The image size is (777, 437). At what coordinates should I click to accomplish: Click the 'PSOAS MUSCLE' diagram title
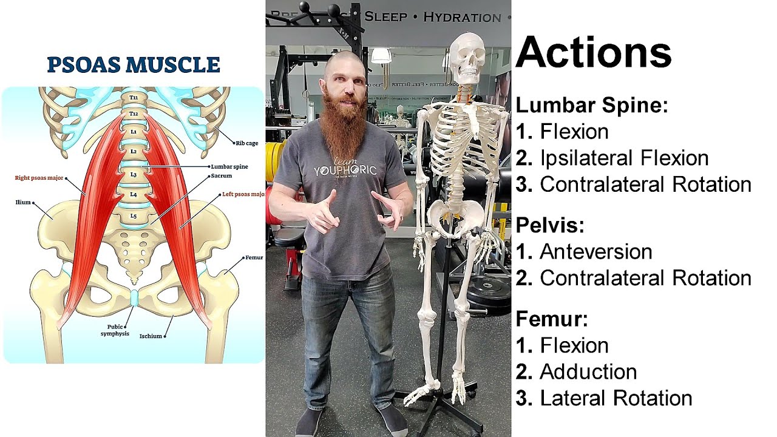click(x=133, y=64)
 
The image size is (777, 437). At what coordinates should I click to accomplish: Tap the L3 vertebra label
click(x=134, y=174)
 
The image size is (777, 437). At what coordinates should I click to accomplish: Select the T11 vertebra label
click(x=134, y=97)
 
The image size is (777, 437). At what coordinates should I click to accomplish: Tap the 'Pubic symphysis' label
click(x=115, y=330)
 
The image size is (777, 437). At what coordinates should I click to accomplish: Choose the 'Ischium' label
click(x=151, y=336)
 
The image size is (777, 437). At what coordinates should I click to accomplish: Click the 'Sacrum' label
click(x=222, y=176)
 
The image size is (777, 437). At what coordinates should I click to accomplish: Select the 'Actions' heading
click(x=593, y=52)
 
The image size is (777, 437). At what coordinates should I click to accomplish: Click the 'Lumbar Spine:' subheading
click(x=591, y=106)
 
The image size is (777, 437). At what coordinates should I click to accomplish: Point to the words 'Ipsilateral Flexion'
click(x=624, y=158)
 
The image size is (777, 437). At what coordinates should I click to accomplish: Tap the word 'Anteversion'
click(x=595, y=251)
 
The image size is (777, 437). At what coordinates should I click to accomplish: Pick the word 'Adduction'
click(x=588, y=371)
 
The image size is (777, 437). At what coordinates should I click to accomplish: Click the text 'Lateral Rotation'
click(x=616, y=398)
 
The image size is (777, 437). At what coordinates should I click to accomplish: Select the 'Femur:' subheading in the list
click(x=552, y=319)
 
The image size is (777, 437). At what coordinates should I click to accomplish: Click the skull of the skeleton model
click(x=468, y=58)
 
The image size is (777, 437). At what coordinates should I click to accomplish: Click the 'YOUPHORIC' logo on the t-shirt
click(x=345, y=170)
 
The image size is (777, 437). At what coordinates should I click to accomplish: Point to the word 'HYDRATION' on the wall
click(x=462, y=16)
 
